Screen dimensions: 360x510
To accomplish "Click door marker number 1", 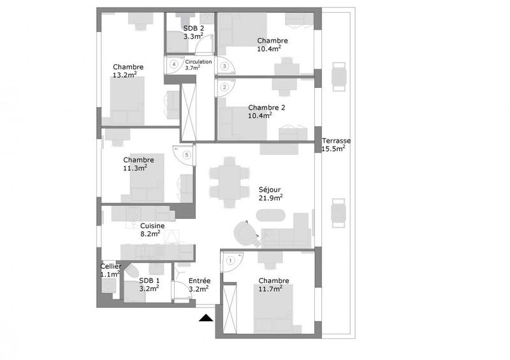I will (x=230, y=259).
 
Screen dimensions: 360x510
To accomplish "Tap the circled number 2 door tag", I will (x=224, y=87).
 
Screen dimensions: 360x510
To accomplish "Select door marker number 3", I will (x=224, y=66).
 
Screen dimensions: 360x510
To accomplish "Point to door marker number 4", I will (x=173, y=64).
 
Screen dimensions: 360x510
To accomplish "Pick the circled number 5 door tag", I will (x=186, y=154).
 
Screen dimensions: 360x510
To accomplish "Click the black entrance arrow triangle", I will (x=206, y=318).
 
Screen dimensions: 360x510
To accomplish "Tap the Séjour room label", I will (x=270, y=189).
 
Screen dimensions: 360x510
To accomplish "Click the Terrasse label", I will (x=337, y=141).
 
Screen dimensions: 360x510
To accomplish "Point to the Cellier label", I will (x=110, y=266).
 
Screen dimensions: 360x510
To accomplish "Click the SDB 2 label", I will (x=193, y=29).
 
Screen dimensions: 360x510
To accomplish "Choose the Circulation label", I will (x=198, y=61).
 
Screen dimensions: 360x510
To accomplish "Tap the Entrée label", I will (x=200, y=280).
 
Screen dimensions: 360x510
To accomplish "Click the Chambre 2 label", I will (x=266, y=107).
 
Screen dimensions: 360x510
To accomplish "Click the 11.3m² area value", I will (x=135, y=168).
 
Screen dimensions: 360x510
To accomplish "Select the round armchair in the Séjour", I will (x=244, y=230).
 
